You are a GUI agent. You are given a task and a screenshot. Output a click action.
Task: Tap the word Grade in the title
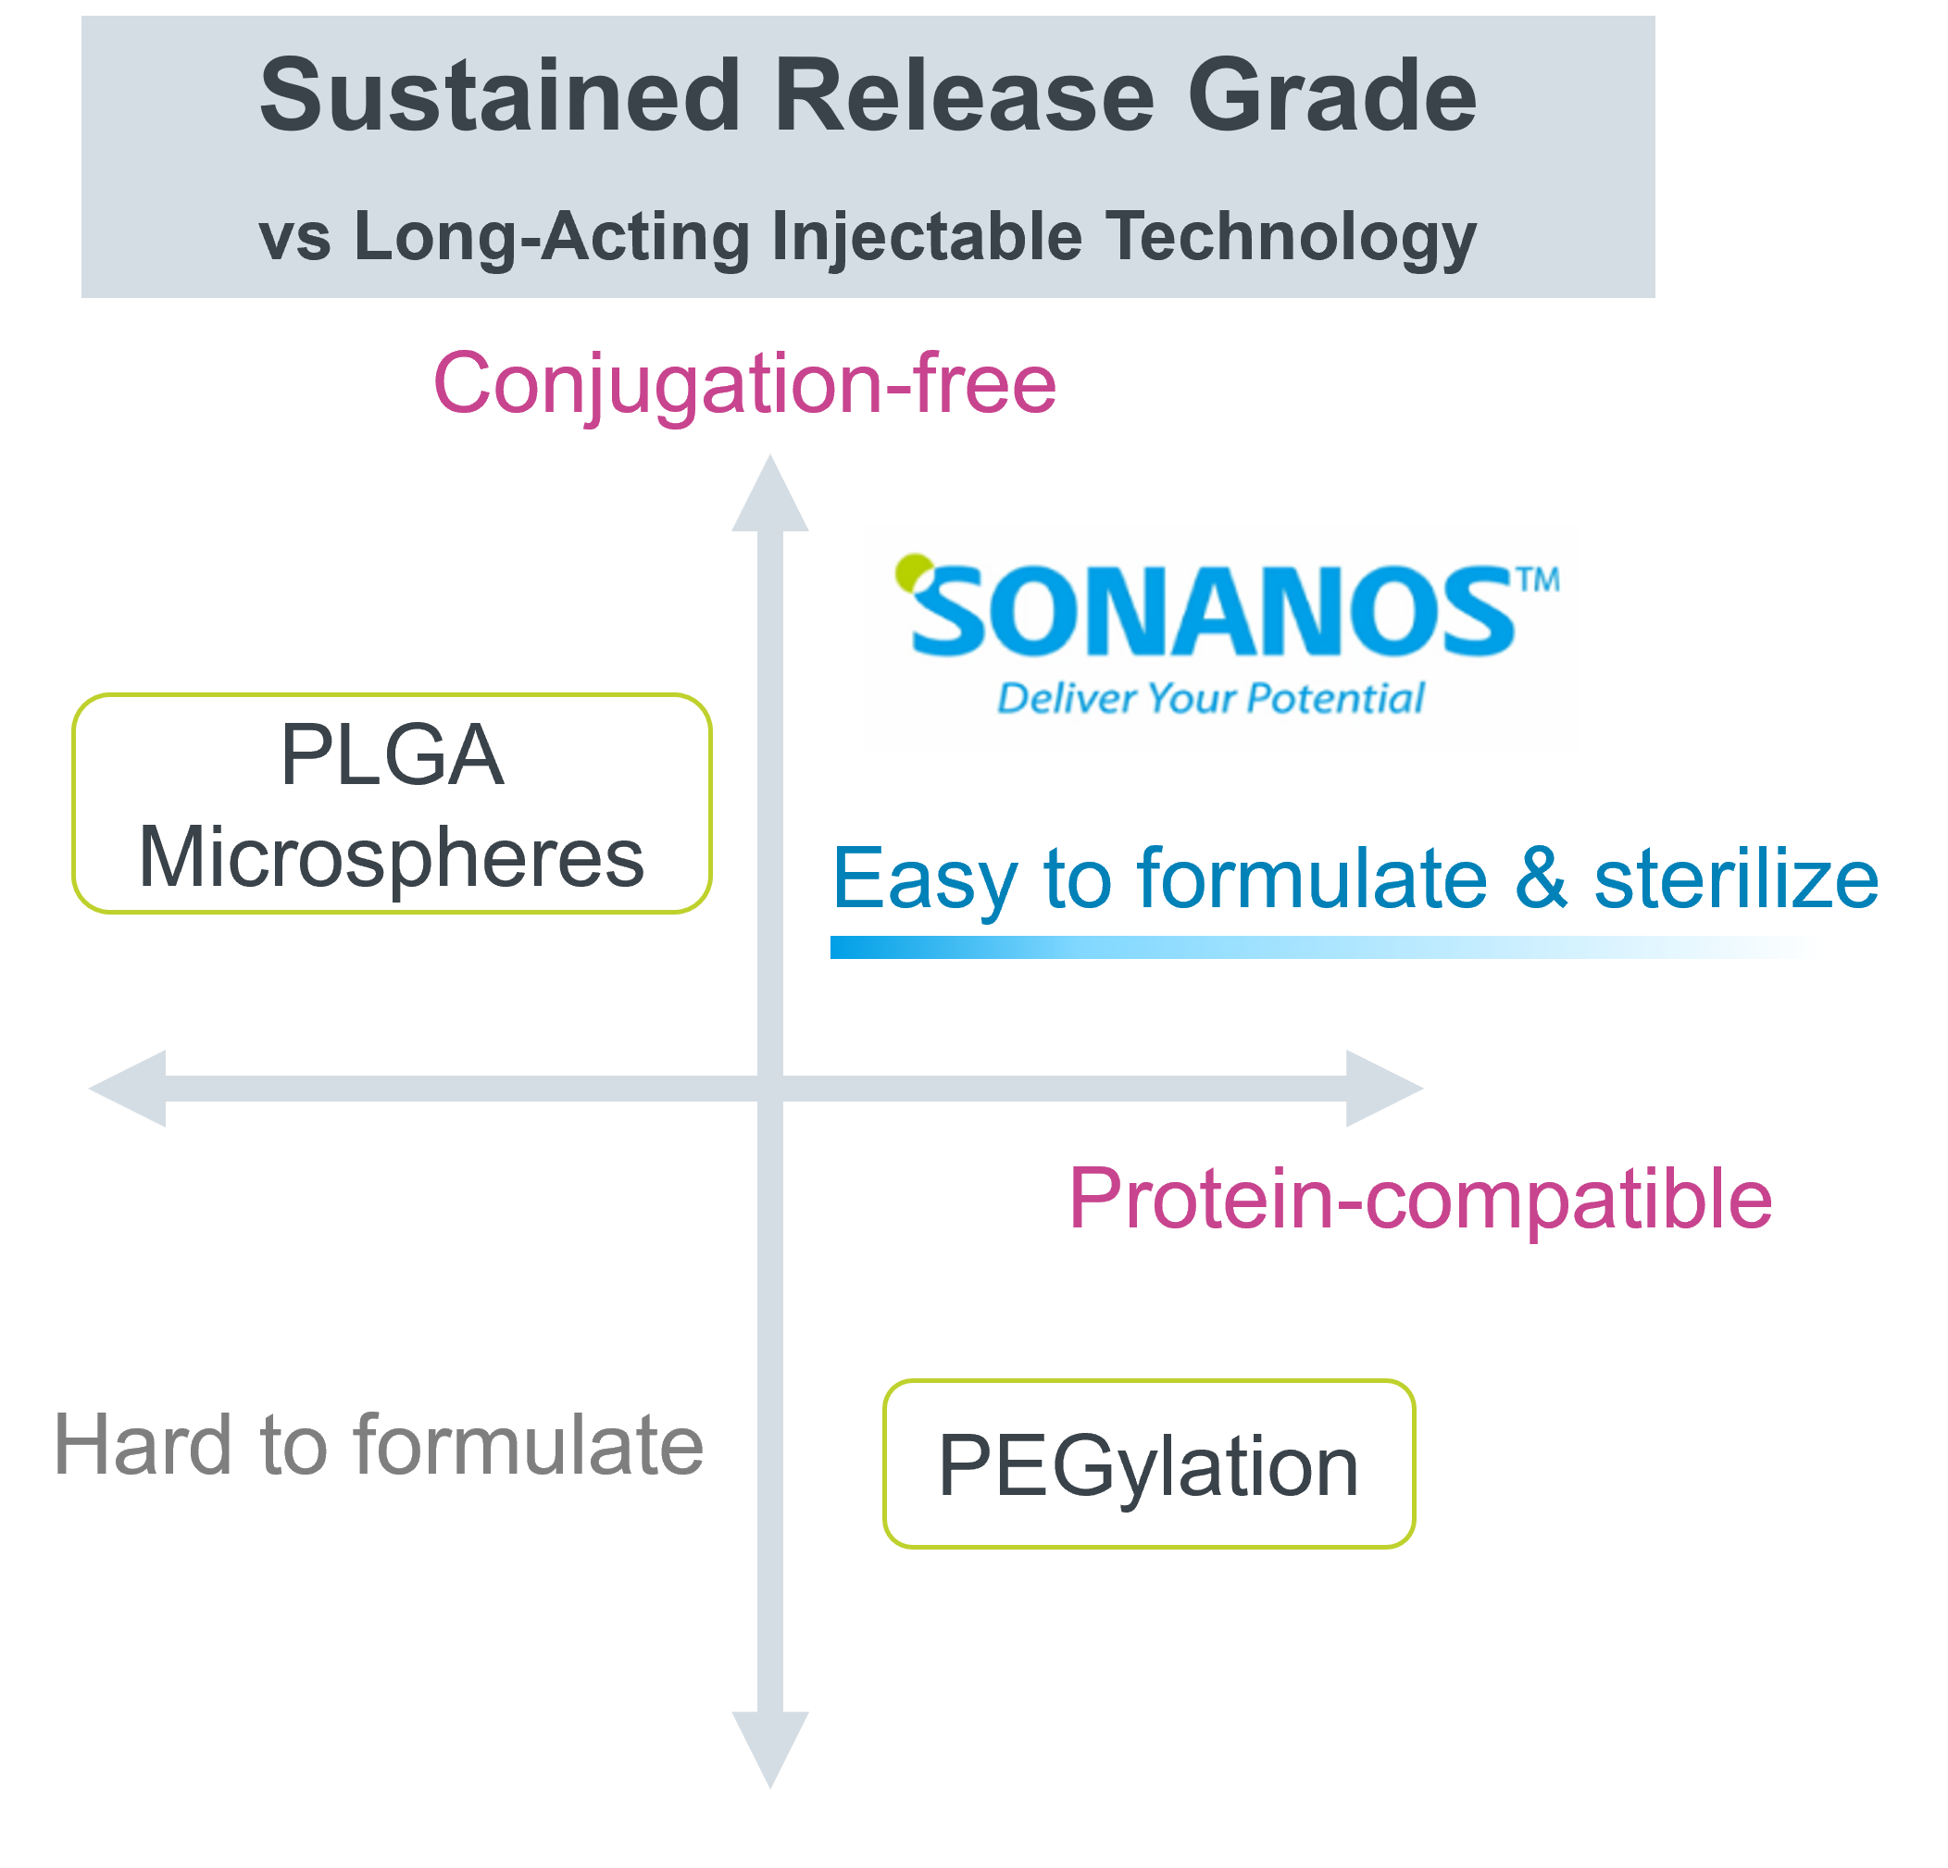click(x=1331, y=95)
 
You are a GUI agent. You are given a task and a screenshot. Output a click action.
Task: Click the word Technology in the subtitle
click(x=1292, y=239)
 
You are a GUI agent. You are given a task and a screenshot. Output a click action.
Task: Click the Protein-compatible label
click(x=1420, y=1200)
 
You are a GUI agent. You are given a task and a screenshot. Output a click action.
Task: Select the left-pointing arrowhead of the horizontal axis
click(x=127, y=1088)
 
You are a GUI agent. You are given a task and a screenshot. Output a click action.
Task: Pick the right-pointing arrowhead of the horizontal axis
click(x=1384, y=1088)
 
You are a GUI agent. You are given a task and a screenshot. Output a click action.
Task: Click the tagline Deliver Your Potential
click(x=1210, y=699)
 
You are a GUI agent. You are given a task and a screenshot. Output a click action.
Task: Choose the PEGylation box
click(x=1149, y=1463)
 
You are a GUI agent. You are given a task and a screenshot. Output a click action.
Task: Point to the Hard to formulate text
click(x=379, y=1445)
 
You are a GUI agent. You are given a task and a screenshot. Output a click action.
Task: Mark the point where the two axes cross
click(x=770, y=1088)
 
